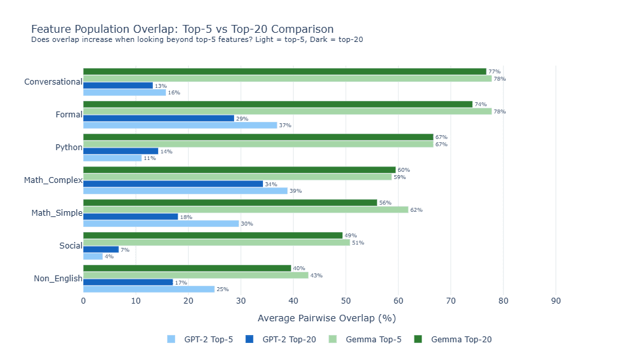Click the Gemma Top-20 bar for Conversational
click(x=285, y=71)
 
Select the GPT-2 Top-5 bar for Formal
click(x=180, y=125)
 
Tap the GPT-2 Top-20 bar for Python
click(x=121, y=151)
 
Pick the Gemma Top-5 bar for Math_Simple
click(x=246, y=210)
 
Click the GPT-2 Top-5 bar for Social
click(x=93, y=256)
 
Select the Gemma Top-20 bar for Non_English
click(x=187, y=268)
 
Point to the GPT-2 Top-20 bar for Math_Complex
click(x=173, y=184)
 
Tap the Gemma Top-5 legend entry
click(x=373, y=340)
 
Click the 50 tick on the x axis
click(x=346, y=301)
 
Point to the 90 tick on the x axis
click(x=555, y=301)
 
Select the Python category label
click(x=69, y=148)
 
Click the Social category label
click(x=70, y=246)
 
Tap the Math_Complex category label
click(x=53, y=180)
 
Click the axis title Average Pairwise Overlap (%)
click(x=327, y=318)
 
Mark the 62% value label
click(x=416, y=210)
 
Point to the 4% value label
click(x=109, y=256)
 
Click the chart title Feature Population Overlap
click(x=182, y=30)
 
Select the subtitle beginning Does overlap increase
click(x=197, y=40)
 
